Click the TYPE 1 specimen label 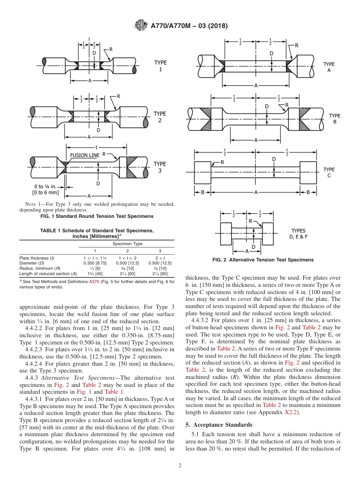tap(160, 66)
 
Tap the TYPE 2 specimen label tap(160, 117)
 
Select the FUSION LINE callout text tap(85, 155)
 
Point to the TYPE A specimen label tap(329, 67)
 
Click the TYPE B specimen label tap(335, 119)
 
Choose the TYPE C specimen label tap(329, 172)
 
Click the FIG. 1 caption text tap(97, 216)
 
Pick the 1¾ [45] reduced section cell tap(95, 274)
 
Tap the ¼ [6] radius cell tap(95, 268)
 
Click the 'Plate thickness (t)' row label tap(36, 258)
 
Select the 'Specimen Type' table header tap(127, 244)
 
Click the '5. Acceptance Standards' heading tap(219, 425)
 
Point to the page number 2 tap(180, 466)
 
